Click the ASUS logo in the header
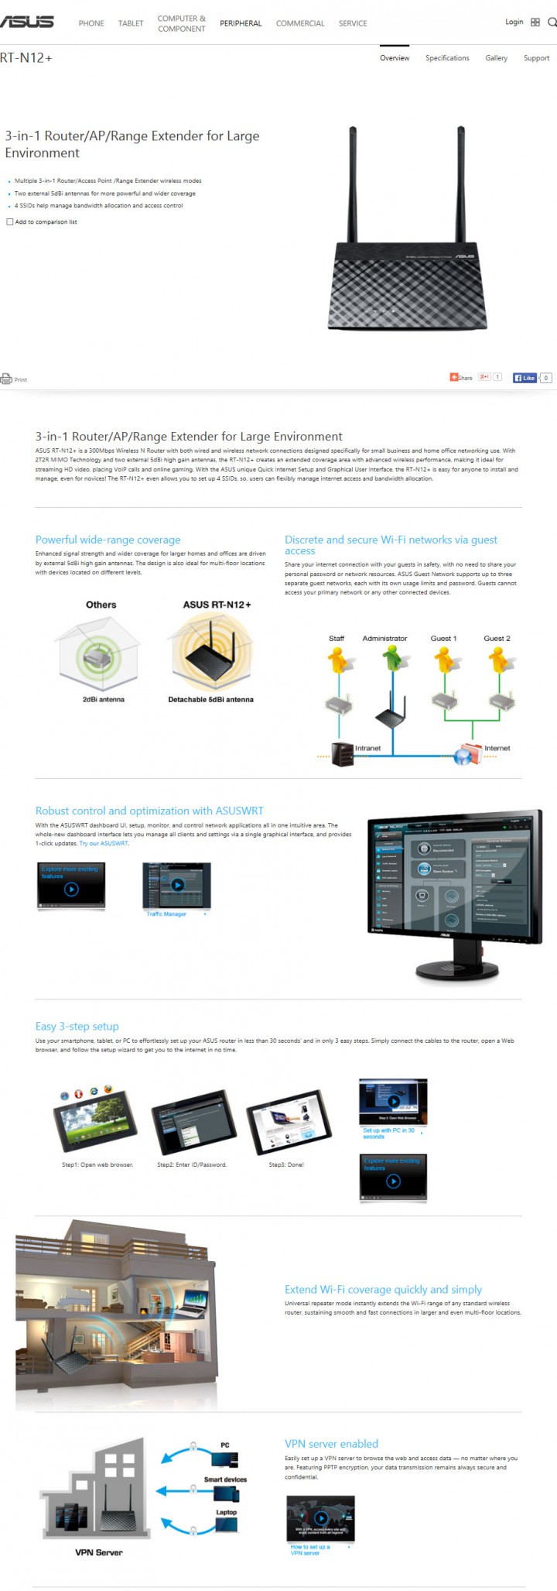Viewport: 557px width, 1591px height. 27,22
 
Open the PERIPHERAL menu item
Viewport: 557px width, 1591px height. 241,23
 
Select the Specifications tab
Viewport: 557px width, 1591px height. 447,58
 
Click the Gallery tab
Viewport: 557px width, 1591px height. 497,58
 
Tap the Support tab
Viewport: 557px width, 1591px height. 536,58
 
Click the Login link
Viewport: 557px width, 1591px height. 514,22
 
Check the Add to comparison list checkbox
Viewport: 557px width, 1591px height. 10,222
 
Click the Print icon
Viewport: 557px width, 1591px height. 7,379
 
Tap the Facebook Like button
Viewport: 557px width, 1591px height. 525,378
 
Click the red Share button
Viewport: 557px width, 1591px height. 461,378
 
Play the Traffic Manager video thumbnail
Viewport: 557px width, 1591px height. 177,885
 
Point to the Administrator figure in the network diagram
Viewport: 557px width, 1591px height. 391,659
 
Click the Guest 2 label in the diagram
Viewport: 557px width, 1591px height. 497,639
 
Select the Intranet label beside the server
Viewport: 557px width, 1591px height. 367,748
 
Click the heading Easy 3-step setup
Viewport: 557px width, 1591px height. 77,1026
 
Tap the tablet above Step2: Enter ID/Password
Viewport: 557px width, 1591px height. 193,1123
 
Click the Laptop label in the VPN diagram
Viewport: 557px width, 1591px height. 226,1512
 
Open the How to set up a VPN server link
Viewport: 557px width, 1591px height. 310,1549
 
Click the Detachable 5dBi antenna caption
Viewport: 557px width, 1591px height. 210,699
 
